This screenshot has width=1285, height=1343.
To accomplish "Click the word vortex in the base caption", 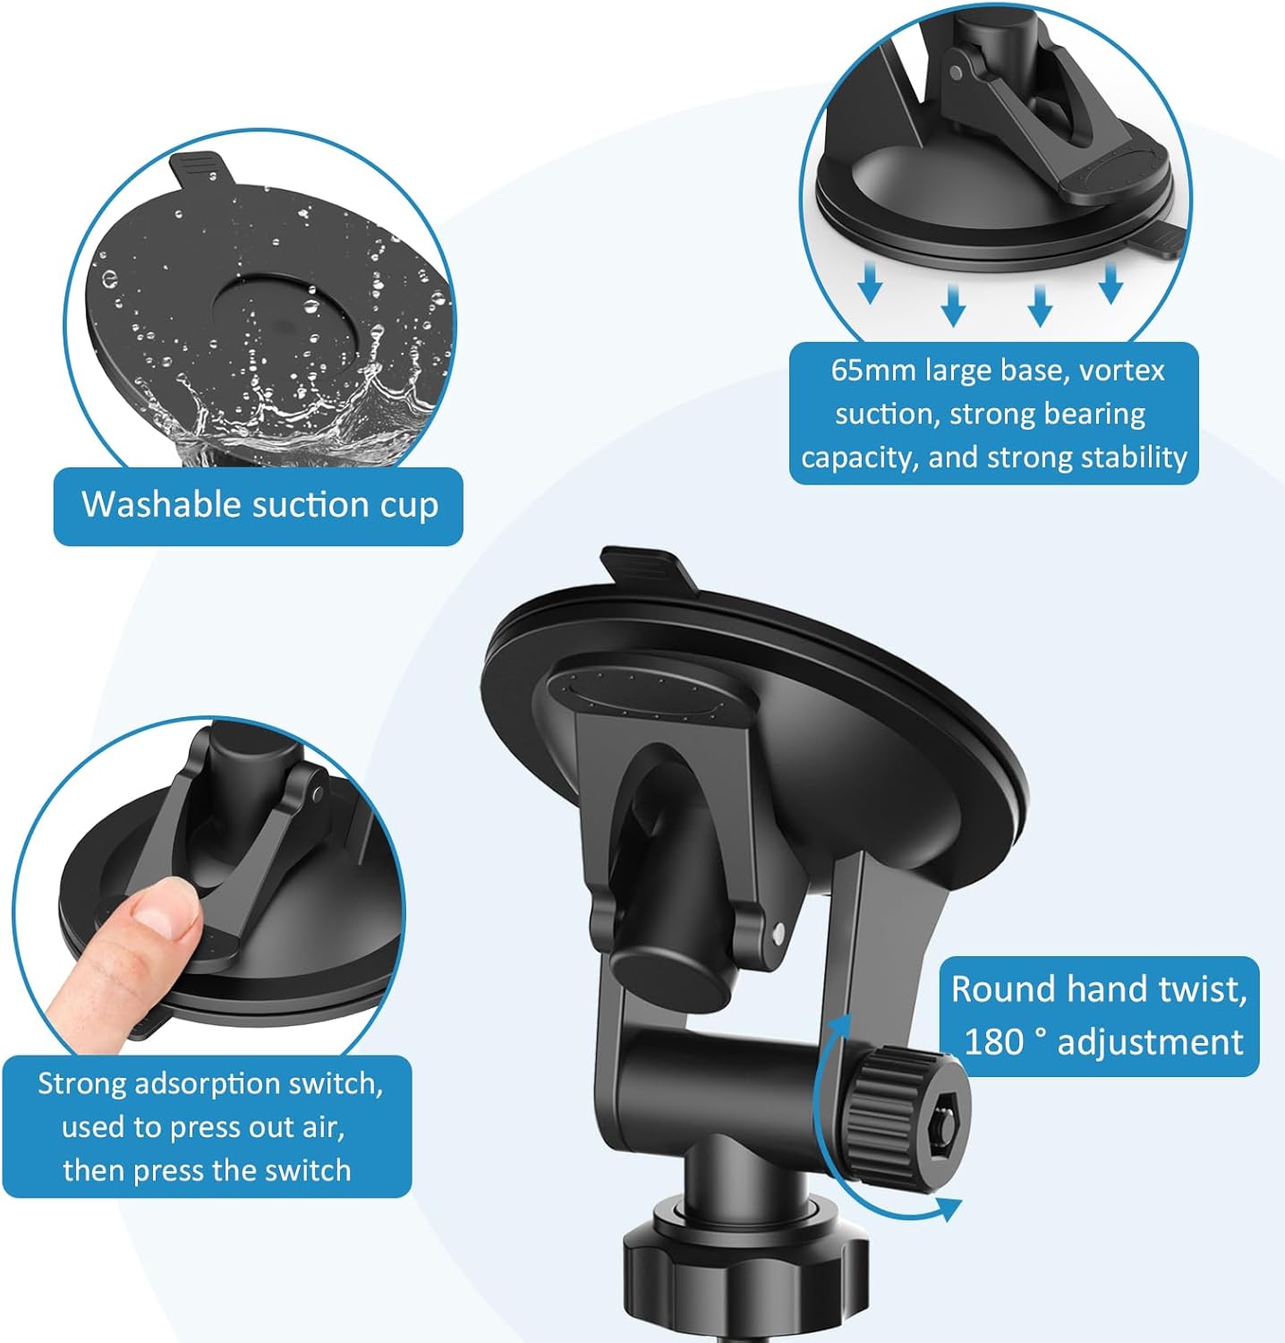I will (1121, 370).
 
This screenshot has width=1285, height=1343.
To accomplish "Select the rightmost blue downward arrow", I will (1111, 283).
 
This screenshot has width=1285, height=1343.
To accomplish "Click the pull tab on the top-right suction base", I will (1159, 241).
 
